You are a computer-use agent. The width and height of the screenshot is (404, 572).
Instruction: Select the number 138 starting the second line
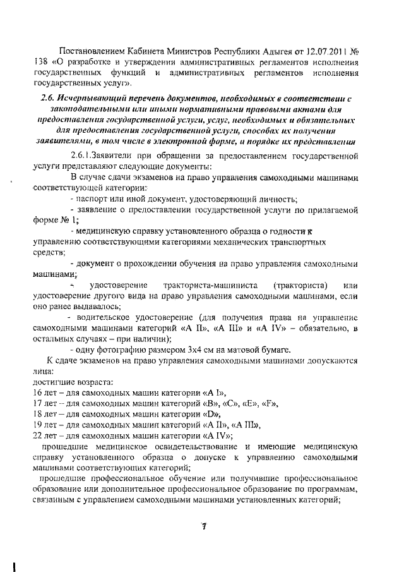[x=39, y=62]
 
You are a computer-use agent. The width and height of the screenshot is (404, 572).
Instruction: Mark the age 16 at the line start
[x=37, y=392]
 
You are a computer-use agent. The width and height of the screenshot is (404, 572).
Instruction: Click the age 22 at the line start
[x=37, y=435]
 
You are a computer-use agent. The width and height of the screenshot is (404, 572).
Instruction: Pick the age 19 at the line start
[x=37, y=424]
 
